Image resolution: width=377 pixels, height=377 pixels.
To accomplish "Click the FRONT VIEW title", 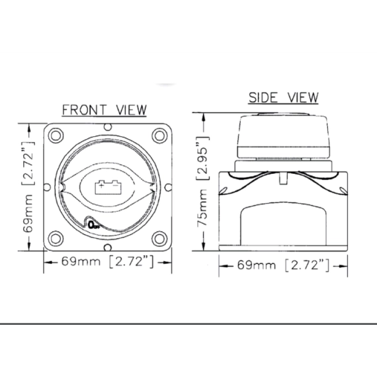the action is (x=104, y=110).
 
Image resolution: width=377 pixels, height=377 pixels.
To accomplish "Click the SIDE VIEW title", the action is (x=283, y=97).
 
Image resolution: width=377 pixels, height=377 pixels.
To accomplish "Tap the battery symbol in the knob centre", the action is (x=108, y=187).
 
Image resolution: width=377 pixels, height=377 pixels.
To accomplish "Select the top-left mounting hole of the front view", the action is (x=56, y=136).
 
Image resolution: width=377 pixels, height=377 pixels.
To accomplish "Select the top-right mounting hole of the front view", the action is (x=159, y=136).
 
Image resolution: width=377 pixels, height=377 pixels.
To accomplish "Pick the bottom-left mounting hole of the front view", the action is (x=56, y=239).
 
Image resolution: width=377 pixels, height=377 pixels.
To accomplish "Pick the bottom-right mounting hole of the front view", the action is (x=159, y=239).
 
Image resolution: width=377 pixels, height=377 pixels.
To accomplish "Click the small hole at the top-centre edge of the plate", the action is (x=108, y=127).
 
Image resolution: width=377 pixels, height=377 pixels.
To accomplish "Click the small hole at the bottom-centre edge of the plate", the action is (x=108, y=247).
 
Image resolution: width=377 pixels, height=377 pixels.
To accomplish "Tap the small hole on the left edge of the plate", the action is (x=47, y=187).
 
